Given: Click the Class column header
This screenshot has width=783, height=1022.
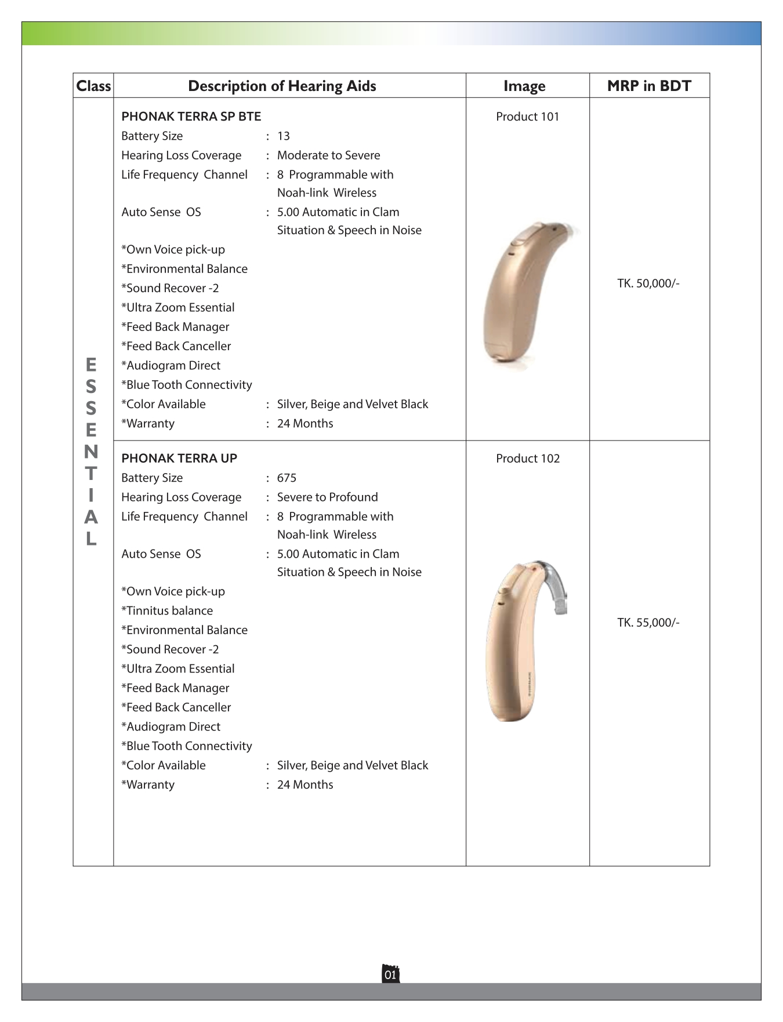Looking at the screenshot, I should [93, 86].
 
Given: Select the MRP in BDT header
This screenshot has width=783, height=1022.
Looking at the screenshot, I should [649, 86].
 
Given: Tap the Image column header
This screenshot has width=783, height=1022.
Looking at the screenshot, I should [524, 86].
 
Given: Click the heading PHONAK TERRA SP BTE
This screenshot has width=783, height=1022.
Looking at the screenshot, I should [191, 117].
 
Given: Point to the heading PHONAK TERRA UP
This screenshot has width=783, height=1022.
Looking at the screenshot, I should [179, 459].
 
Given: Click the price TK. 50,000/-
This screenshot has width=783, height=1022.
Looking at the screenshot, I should [648, 283].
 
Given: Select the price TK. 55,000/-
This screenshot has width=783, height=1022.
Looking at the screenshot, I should [648, 623].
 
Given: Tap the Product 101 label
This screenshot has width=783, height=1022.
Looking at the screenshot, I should [527, 117].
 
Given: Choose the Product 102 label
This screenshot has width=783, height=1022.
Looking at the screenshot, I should [528, 459].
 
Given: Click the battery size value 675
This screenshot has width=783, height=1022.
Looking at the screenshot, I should [287, 478].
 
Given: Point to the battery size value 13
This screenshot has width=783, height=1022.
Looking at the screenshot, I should [284, 136].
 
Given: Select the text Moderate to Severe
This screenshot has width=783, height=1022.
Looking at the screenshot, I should [328, 155].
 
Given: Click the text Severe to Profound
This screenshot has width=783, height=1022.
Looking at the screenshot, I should [327, 497].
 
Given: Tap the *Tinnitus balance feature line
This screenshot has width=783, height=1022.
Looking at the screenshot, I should [167, 611].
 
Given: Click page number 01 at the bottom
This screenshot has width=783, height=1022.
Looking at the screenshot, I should [390, 974].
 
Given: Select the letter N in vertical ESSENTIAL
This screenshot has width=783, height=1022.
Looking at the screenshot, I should [91, 452].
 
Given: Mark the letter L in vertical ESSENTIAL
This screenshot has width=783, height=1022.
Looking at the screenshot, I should [91, 539].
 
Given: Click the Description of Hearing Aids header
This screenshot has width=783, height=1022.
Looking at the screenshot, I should [282, 86].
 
